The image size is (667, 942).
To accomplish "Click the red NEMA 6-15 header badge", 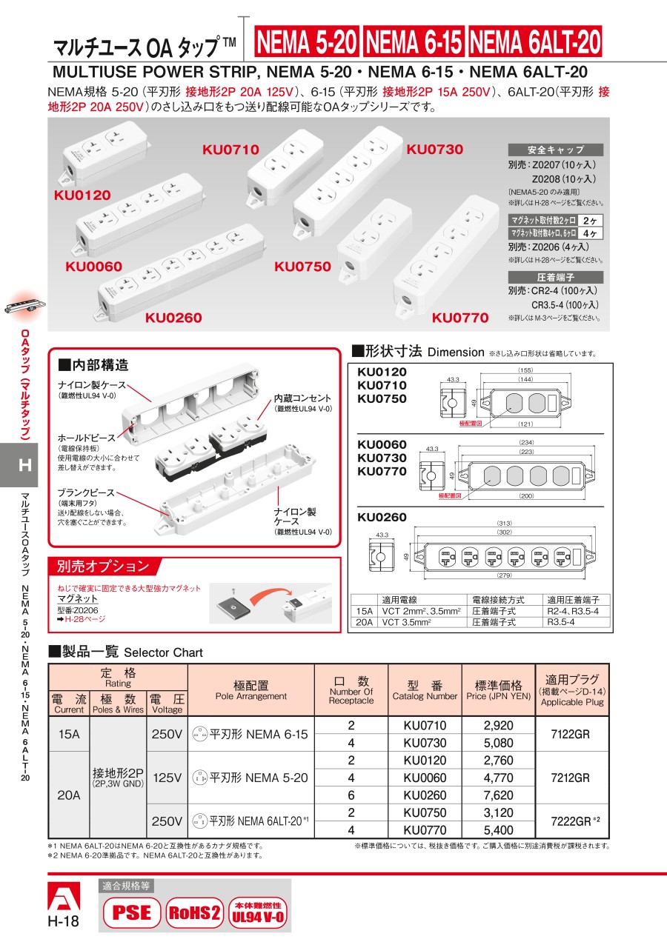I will (414, 42).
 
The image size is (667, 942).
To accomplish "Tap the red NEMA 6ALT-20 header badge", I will (534, 42).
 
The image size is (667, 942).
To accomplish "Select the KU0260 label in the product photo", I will (173, 318).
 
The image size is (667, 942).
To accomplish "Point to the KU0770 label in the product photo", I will (460, 318).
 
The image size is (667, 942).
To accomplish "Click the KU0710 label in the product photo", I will (230, 150).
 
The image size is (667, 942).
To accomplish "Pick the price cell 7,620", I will (498, 795).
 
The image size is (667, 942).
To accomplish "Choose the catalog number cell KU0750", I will (425, 812).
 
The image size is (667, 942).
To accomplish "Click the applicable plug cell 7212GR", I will (571, 778).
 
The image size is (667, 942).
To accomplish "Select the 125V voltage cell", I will (167, 778).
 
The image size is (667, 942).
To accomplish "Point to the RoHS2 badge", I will (193, 912).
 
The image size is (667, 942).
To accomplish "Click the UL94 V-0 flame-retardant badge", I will (257, 912).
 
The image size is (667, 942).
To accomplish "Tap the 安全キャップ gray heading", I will (556, 150).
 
